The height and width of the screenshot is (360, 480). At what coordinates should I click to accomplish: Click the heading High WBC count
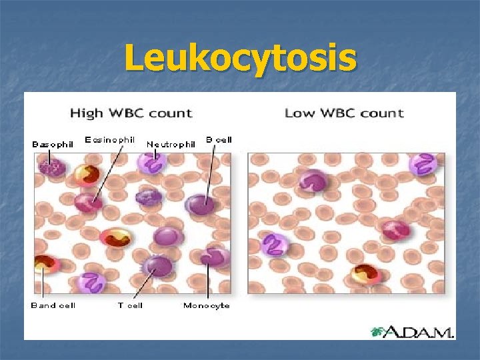pyautogui.click(x=131, y=113)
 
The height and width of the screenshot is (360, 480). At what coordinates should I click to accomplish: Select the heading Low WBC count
pyautogui.click(x=344, y=113)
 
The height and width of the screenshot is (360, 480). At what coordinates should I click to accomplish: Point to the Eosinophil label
pyautogui.click(x=110, y=140)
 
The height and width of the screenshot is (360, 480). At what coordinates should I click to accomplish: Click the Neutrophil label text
pyautogui.click(x=171, y=144)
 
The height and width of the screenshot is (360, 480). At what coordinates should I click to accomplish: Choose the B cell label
pyautogui.click(x=219, y=140)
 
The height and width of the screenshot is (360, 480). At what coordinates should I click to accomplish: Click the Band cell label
pyautogui.click(x=53, y=305)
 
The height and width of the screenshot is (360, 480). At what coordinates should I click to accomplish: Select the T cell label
pyautogui.click(x=130, y=305)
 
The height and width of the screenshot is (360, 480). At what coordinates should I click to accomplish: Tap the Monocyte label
pyautogui.click(x=207, y=305)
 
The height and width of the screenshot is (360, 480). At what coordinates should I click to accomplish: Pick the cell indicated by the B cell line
pyautogui.click(x=199, y=204)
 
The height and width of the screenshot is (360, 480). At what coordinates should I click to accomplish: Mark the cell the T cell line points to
pyautogui.click(x=157, y=267)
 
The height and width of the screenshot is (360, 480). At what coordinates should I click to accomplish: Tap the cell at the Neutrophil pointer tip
pyautogui.click(x=152, y=163)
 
